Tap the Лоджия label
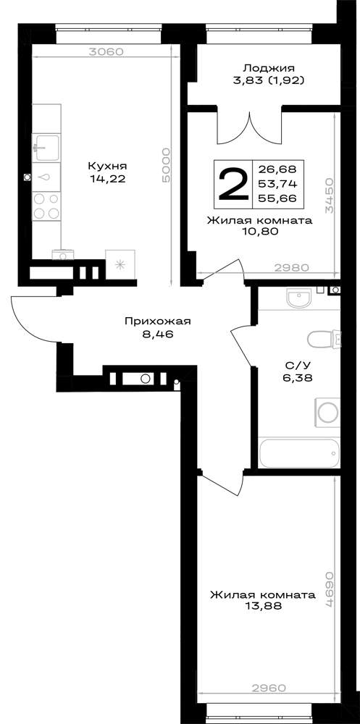click(269, 68)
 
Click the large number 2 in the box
click(233, 184)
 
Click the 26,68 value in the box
click(278, 168)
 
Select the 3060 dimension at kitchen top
click(106, 51)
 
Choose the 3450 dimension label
click(329, 196)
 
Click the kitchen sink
click(46, 147)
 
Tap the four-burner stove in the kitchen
click(46, 206)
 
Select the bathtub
click(299, 452)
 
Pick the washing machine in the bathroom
click(327, 410)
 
